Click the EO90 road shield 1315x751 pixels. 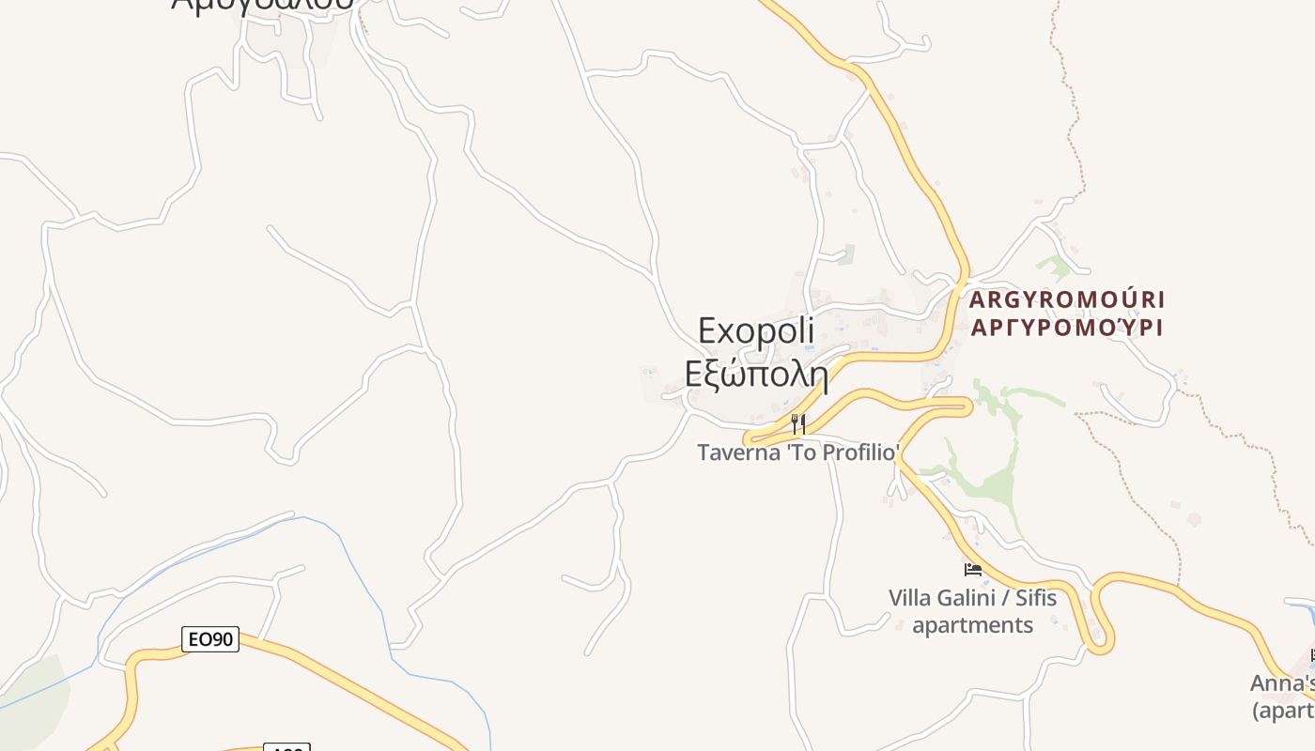(210, 639)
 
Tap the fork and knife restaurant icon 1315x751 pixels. (797, 424)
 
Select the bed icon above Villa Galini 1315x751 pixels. (973, 570)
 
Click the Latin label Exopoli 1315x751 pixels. (756, 332)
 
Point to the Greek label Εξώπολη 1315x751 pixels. (756, 375)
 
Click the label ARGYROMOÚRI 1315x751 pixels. (1066, 300)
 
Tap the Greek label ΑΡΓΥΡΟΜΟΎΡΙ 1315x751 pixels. (1066, 328)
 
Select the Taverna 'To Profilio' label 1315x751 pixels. (798, 452)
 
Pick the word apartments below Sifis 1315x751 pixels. (972, 625)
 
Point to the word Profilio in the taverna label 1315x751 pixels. (861, 452)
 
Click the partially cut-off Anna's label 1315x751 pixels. (1282, 683)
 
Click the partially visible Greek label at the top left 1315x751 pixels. (263, 5)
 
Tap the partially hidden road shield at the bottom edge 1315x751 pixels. (286, 747)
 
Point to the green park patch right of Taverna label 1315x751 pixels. (996, 488)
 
